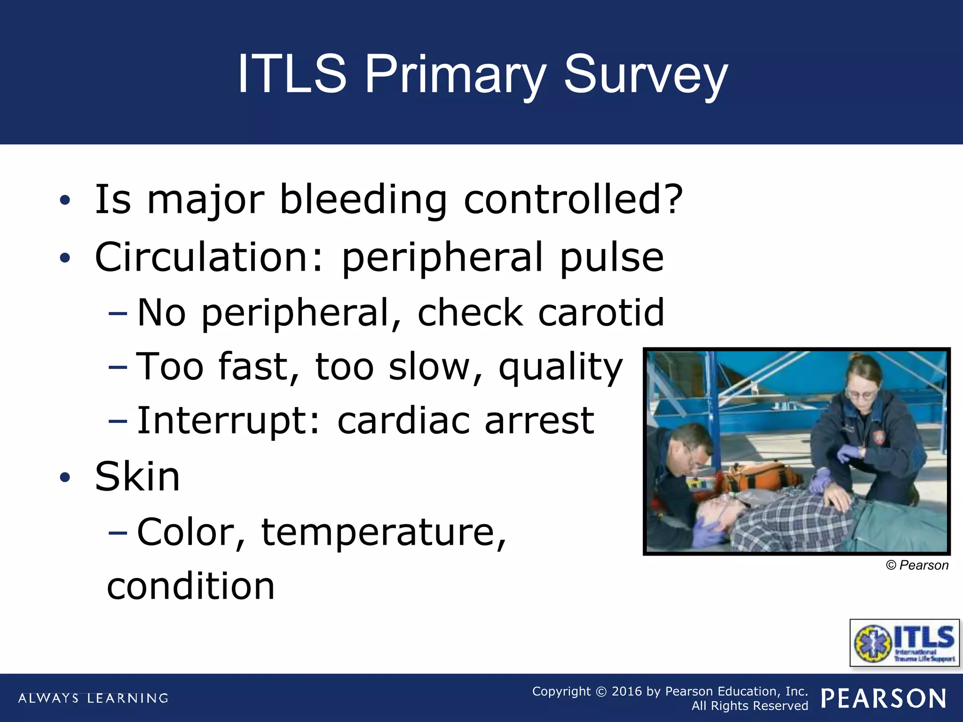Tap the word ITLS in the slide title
(x=292, y=74)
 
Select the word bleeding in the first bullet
(x=363, y=200)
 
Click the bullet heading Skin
(x=137, y=477)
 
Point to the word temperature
(x=383, y=532)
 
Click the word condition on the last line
(x=190, y=587)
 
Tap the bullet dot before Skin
(x=65, y=478)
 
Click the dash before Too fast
(x=117, y=367)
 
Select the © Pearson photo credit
(x=916, y=565)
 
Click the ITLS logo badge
(x=904, y=643)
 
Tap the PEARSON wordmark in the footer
(x=884, y=698)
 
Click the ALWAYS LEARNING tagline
(x=93, y=698)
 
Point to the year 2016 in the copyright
(x=626, y=691)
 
